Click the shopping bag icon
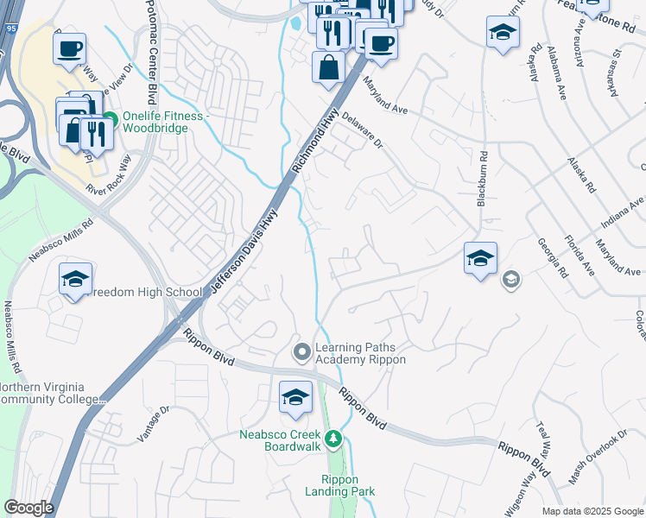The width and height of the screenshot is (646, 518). point(329,67)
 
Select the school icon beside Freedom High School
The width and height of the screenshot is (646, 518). point(75,280)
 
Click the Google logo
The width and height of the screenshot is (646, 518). point(29,507)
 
